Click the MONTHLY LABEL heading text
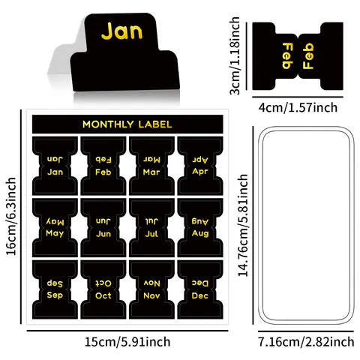tap(127, 124)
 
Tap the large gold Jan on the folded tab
tap(121, 31)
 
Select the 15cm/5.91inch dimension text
tap(127, 342)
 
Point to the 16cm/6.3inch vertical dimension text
tap(11, 217)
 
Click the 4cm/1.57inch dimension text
tap(298, 107)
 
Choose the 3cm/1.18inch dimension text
tap(235, 55)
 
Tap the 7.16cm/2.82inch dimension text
tap(306, 342)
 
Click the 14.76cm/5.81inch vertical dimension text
tap(243, 225)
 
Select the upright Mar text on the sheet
tap(151, 172)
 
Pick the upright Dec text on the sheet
tap(200, 295)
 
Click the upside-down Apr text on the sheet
tap(200, 160)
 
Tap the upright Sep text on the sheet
tap(55, 295)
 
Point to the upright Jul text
tap(151, 234)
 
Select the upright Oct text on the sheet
tap(103, 295)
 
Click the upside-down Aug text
tap(200, 221)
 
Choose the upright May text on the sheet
tap(55, 234)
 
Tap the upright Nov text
tap(151, 295)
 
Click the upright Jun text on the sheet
tap(103, 234)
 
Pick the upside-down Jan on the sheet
tap(55, 159)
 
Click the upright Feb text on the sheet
tap(103, 172)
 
